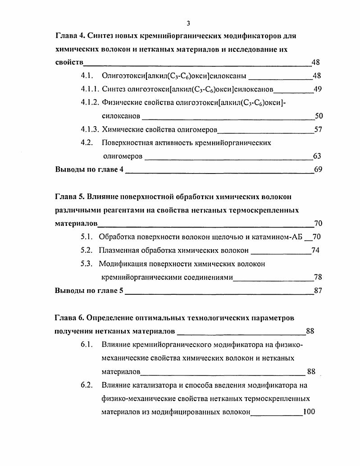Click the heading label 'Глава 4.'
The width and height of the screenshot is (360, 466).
click(69, 35)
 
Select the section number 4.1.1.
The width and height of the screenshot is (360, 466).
click(90, 89)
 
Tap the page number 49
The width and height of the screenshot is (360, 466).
click(318, 89)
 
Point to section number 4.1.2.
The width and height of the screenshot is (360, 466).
click(90, 103)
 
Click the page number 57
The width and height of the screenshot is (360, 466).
click(319, 130)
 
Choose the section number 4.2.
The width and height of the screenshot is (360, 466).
click(87, 143)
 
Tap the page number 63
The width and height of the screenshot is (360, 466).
click(317, 156)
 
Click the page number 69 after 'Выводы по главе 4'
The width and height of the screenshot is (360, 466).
click(319, 170)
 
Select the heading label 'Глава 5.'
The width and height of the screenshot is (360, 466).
click(69, 197)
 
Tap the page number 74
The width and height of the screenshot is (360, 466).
click(315, 251)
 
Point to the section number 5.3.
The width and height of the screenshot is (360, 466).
click(87, 264)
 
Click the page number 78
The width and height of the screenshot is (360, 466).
click(318, 277)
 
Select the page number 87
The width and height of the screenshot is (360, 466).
click(318, 291)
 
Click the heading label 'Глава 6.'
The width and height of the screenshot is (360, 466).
click(69, 318)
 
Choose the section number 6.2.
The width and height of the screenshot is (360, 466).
click(87, 385)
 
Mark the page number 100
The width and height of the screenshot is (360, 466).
click(310, 412)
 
